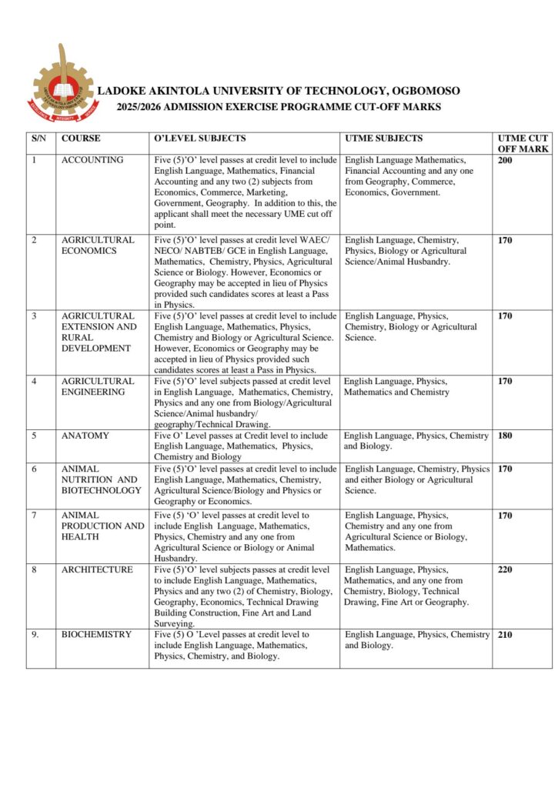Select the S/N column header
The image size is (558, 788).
(x=38, y=139)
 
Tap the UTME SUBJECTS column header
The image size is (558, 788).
(x=383, y=139)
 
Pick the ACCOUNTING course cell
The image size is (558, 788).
(x=92, y=160)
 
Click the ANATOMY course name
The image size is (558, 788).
(x=85, y=436)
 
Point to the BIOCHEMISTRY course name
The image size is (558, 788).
(x=96, y=635)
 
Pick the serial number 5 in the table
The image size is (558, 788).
(x=34, y=436)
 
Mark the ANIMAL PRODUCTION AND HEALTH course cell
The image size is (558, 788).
(x=102, y=526)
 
